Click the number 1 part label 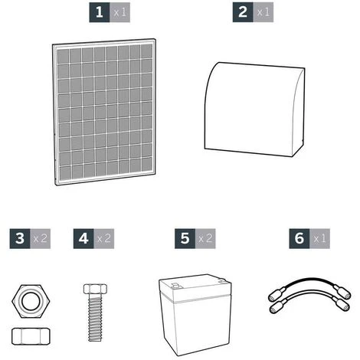100,12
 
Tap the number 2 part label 243,12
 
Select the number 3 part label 20,238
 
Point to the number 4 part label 83,238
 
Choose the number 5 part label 185,238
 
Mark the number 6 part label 299,238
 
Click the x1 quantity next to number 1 119,12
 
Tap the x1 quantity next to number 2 263,12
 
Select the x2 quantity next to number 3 41,238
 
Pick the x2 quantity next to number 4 104,238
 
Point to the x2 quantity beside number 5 205,238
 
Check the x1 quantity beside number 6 319,238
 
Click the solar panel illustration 104,112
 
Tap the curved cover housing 254,110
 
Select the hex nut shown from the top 31,301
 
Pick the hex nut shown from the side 31,336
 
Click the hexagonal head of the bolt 95,289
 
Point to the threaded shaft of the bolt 95,318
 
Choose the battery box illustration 195,315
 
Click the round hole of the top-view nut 31,301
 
